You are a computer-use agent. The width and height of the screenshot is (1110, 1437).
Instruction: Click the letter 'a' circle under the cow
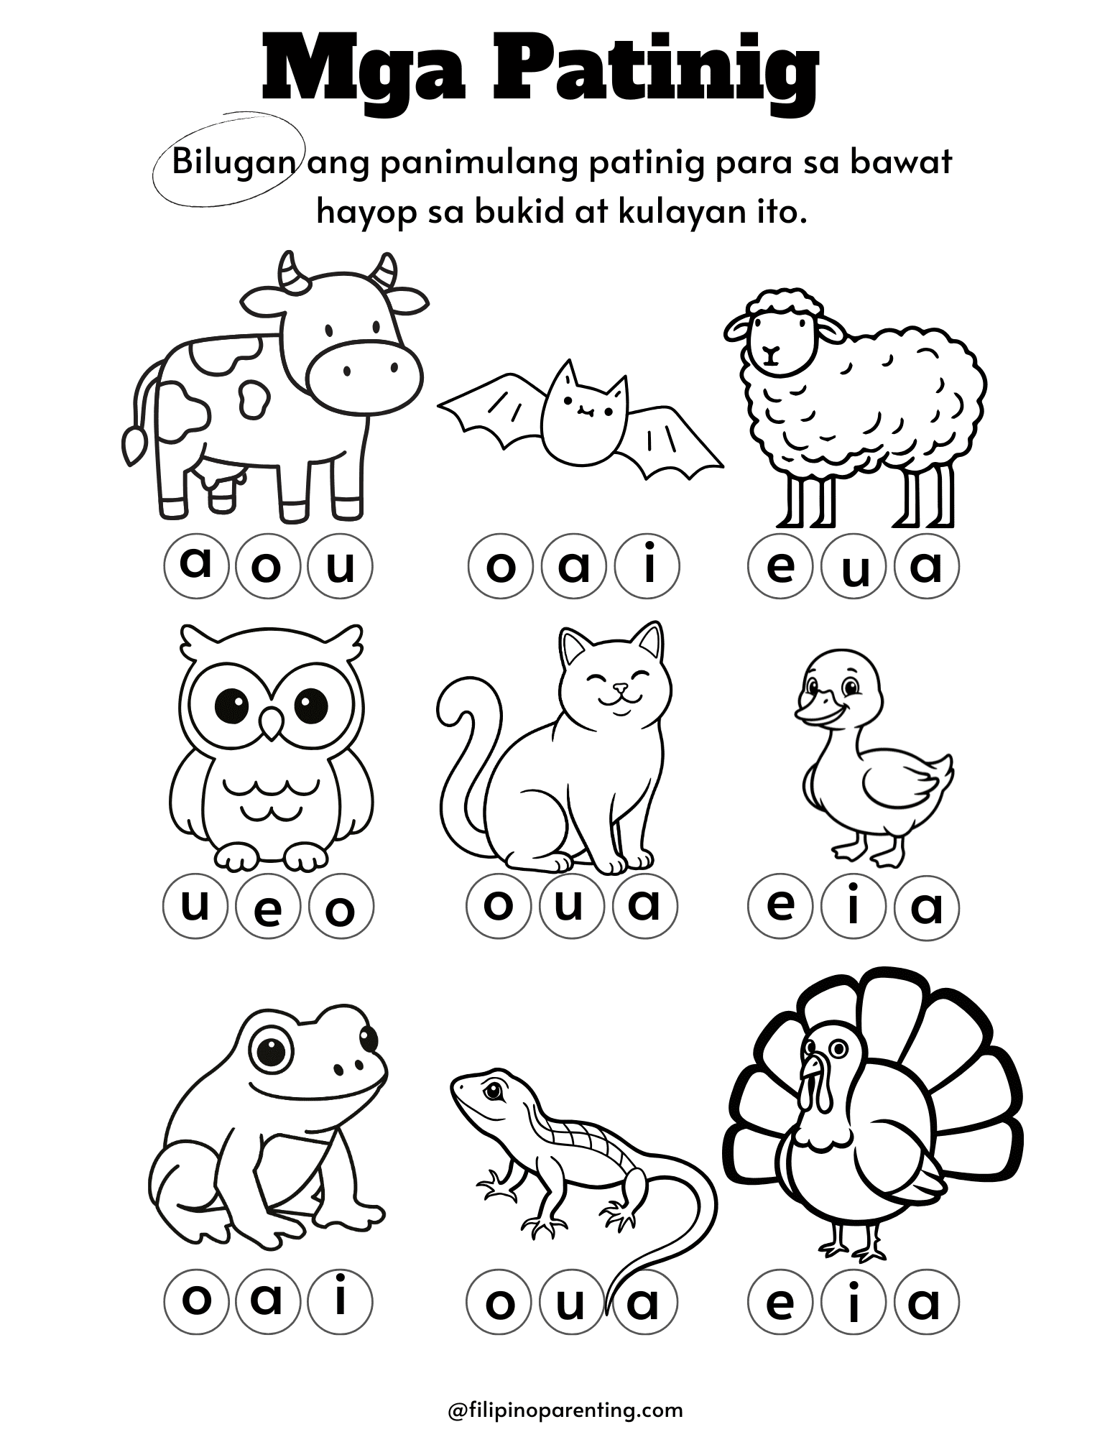[196, 566]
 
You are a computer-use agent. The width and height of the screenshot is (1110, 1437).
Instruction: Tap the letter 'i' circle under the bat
[646, 566]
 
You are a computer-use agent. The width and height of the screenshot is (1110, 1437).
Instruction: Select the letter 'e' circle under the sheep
[780, 566]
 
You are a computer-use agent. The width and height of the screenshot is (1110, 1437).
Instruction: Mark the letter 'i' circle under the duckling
[854, 907]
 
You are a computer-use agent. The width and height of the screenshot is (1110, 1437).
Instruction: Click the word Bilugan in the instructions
[228, 164]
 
